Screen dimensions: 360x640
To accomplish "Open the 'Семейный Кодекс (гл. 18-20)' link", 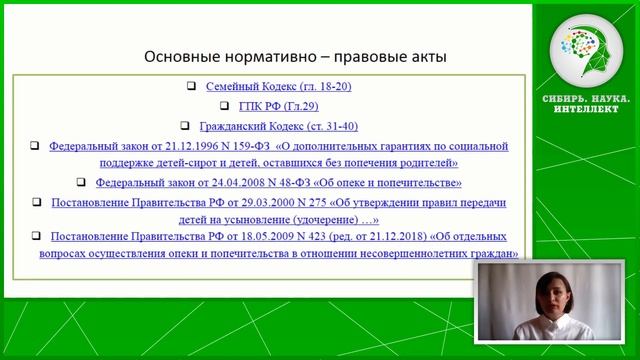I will (x=278, y=87).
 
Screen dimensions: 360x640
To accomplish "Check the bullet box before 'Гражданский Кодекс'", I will (x=186, y=126).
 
